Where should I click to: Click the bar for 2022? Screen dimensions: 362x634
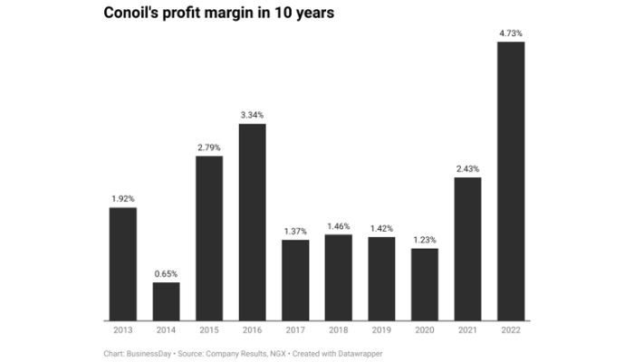(x=511, y=181)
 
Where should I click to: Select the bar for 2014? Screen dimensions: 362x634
(x=166, y=301)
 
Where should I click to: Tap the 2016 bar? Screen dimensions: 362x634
(x=252, y=222)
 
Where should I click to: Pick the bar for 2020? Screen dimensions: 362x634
(x=425, y=284)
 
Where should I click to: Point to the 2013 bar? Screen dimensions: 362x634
(x=122, y=263)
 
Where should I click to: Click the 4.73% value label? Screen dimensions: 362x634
(x=511, y=33)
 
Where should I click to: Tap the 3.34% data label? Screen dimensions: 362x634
(x=252, y=115)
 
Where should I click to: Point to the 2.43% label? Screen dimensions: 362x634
(x=468, y=168)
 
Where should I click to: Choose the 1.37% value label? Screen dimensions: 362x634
(x=295, y=231)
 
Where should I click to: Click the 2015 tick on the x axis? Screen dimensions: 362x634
(x=209, y=331)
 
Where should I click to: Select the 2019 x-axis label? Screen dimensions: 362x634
(x=381, y=331)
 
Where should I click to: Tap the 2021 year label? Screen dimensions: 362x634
(x=468, y=331)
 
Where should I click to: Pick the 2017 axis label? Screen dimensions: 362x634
(x=295, y=331)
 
